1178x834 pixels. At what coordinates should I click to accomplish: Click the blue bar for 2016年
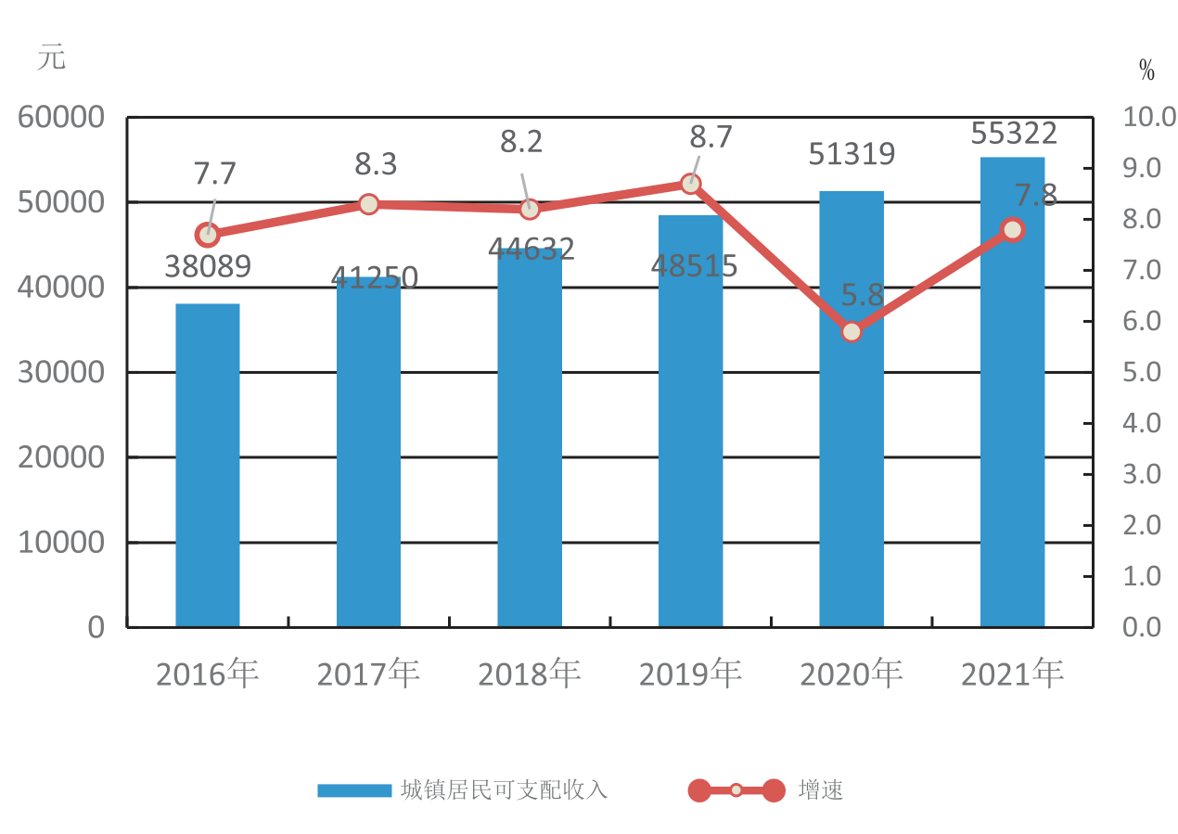[208, 465]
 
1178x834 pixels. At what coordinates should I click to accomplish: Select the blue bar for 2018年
[530, 437]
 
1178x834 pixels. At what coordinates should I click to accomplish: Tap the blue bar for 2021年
[1012, 391]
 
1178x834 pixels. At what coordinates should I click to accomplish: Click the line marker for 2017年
[368, 204]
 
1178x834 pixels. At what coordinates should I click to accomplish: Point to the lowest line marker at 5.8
[851, 332]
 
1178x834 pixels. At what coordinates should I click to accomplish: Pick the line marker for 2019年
[690, 184]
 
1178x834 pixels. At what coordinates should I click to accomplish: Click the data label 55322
[1014, 133]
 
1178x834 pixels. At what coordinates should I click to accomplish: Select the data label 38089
[208, 266]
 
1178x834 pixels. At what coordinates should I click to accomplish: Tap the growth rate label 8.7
[711, 136]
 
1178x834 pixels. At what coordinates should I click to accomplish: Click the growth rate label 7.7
[214, 173]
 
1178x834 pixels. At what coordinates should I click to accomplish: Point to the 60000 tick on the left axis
[61, 117]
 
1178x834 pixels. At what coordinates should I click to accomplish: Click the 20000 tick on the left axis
[61, 457]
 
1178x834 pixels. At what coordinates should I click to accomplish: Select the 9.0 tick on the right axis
[1142, 168]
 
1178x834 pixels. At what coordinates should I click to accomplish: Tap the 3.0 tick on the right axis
[1142, 474]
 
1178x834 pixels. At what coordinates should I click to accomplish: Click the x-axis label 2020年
[851, 674]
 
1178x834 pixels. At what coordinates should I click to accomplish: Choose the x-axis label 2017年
[368, 674]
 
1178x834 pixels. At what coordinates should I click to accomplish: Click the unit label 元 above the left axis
[52, 57]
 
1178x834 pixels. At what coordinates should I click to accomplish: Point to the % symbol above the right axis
[1147, 70]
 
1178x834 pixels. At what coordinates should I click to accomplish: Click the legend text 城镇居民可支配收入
[504, 790]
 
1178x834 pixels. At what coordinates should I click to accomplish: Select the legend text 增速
[820, 790]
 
